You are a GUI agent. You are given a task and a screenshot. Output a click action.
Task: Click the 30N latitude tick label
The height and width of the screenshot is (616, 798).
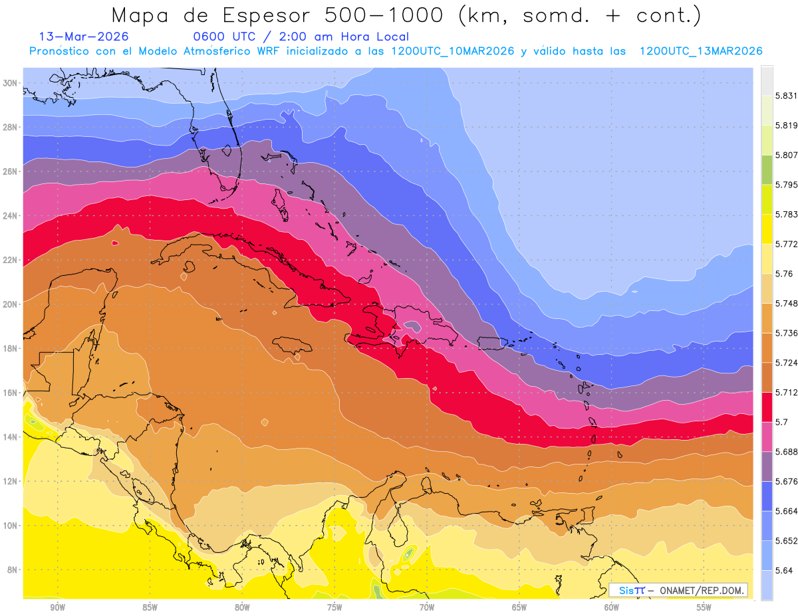pos(10,82)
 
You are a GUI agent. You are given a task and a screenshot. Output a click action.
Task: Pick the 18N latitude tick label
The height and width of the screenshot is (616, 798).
pos(10,348)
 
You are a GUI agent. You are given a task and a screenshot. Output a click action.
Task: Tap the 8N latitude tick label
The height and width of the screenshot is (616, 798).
pos(12,569)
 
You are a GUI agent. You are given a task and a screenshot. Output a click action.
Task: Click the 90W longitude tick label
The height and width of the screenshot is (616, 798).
pos(57,607)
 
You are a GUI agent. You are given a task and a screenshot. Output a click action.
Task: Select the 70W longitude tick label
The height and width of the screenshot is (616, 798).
pos(427,607)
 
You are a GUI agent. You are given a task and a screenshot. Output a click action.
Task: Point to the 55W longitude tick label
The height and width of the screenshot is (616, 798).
pos(704,607)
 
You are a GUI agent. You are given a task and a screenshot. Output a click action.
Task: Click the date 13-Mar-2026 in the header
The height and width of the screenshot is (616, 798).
pos(84,37)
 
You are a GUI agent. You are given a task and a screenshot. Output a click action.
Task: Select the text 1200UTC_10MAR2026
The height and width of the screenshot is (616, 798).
pos(452,51)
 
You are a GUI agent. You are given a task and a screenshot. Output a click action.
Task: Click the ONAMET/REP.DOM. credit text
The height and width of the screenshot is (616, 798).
pos(699,590)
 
